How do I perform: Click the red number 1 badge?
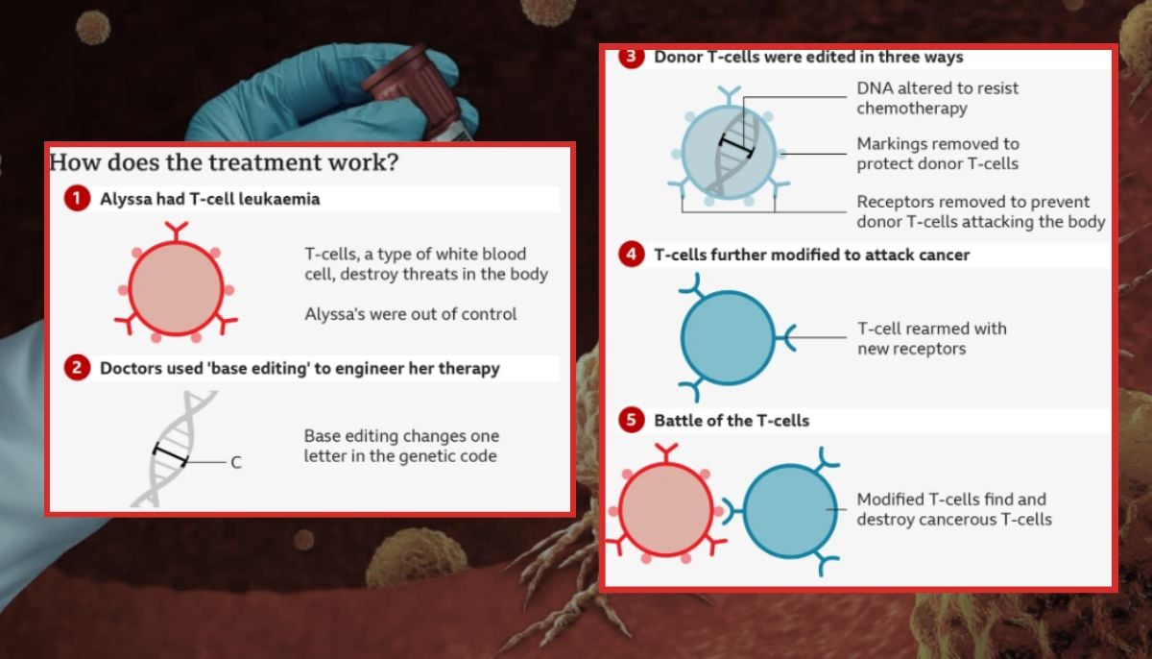[77, 200]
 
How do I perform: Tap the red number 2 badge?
[77, 368]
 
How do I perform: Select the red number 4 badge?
[631, 256]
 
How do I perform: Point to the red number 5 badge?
[631, 421]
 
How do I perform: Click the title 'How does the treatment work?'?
[224, 162]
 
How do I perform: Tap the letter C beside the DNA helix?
[235, 463]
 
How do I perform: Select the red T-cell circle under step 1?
[174, 286]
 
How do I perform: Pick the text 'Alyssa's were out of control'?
[411, 314]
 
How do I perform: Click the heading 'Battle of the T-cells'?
[732, 421]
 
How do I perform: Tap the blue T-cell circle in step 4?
[727, 337]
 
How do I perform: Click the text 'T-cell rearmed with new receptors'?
[931, 338]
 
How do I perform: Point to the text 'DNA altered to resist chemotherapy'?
[937, 98]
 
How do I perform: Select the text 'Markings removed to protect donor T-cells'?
[937, 154]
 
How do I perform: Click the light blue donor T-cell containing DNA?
[729, 151]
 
